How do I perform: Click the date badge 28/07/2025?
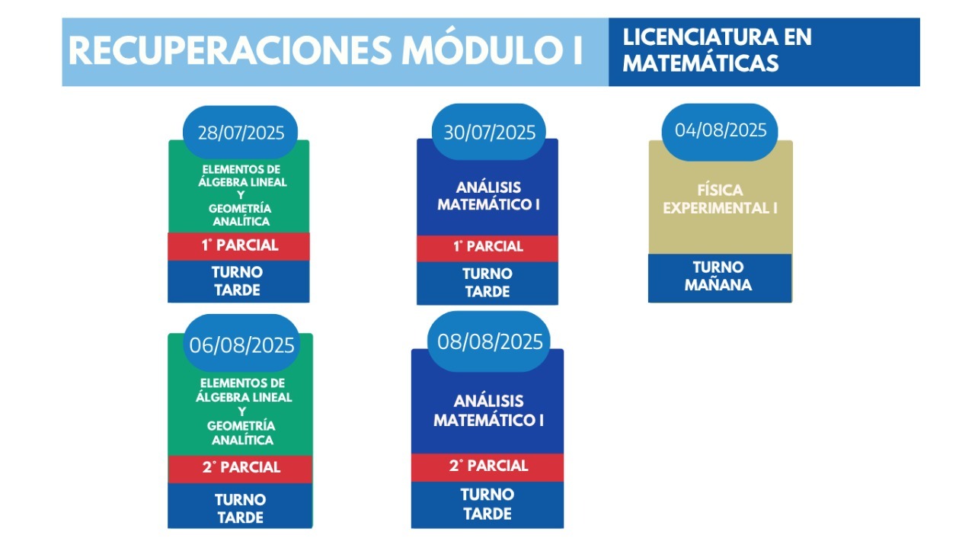240,132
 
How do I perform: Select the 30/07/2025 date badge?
489,132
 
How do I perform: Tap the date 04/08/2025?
720,132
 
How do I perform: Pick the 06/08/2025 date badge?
241,344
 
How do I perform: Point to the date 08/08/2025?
489,341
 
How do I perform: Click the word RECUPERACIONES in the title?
231,51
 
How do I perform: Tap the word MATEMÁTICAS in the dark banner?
700,63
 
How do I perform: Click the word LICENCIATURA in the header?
700,37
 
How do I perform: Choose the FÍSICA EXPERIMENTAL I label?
720,199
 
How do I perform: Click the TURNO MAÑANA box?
720,278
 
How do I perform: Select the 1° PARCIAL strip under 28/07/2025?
238,246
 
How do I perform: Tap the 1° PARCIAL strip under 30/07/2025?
487,248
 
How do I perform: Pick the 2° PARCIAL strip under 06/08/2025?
240,469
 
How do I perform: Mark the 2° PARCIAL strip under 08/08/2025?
487,467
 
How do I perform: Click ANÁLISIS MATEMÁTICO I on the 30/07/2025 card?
488,196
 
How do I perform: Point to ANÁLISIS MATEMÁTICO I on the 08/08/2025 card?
488,411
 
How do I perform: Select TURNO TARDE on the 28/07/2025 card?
238,281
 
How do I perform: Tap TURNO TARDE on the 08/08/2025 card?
487,504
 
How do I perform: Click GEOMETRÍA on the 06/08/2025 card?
241,425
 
